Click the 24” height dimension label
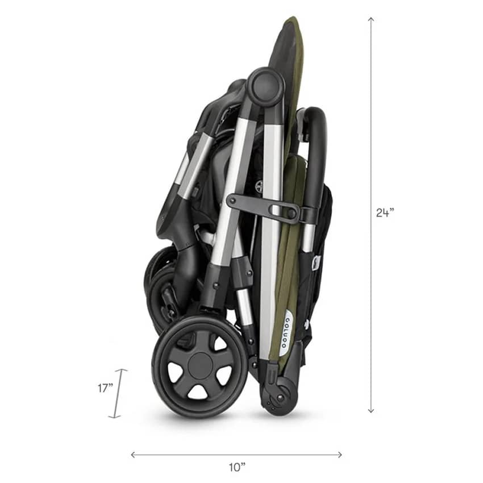[x=385, y=213]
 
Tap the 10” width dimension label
[x=237, y=467]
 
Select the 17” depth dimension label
[x=105, y=388]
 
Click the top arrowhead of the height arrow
[x=371, y=19]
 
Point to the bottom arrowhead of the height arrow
[x=371, y=411]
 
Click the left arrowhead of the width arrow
[x=133, y=455]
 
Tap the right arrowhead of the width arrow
[x=340, y=455]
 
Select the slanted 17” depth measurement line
[x=118, y=394]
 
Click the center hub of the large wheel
[x=200, y=366]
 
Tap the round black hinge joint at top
[x=266, y=85]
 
